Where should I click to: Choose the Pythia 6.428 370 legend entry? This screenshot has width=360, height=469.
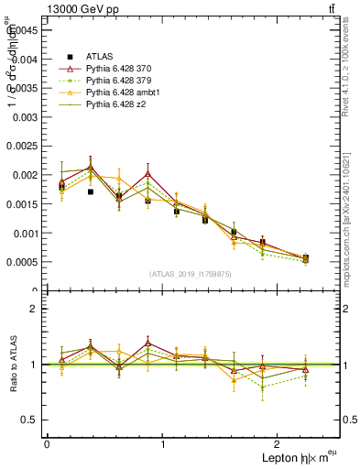(118, 68)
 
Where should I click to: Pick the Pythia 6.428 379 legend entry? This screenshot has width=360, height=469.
(118, 81)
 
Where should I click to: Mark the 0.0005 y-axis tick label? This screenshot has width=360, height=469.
(21, 262)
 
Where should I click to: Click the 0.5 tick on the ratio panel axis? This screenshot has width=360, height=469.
(30, 420)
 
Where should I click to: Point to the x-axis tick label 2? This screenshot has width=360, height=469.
(279, 444)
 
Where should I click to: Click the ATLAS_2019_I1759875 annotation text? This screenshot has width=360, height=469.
(191, 273)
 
